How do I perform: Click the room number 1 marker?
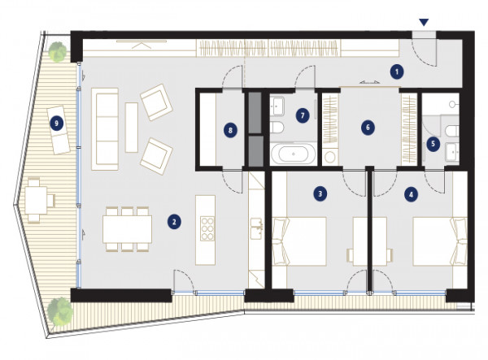[397, 72]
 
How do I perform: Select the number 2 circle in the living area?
[174, 223]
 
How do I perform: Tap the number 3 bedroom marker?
[320, 194]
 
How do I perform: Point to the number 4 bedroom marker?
[411, 195]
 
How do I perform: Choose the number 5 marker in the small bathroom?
[433, 144]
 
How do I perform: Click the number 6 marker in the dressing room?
[368, 127]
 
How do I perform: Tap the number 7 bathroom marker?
[303, 116]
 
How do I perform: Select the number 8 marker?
[230, 130]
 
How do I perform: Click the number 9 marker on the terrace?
[56, 124]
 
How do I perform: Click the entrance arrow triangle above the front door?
[424, 22]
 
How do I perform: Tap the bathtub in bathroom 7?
[293, 154]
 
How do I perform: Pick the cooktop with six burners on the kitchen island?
[207, 228]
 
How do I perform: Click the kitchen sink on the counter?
[257, 228]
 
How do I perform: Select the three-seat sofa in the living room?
[105, 129]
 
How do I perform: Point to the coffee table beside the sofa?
[131, 128]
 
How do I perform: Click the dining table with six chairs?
[128, 229]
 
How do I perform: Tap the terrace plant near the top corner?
[58, 51]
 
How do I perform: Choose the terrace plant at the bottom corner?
[60, 311]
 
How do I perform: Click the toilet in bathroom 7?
[277, 128]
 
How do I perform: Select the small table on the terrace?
[36, 200]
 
